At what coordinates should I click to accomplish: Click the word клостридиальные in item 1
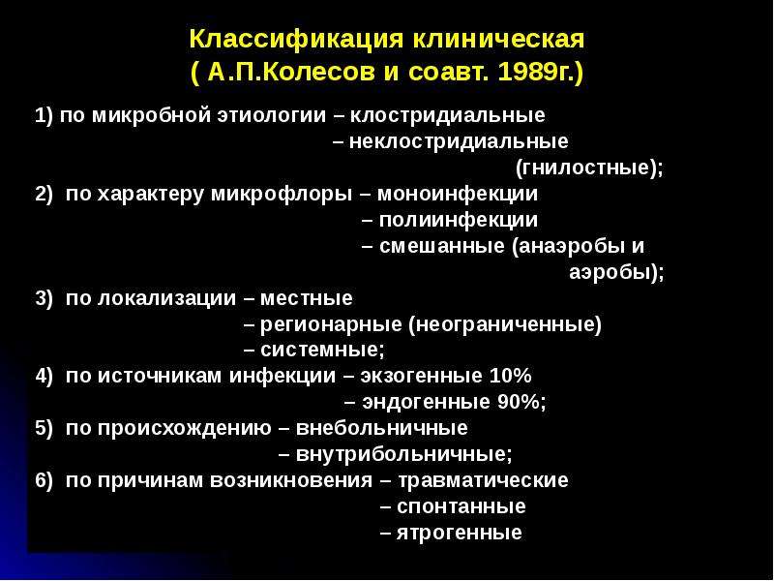[448, 115]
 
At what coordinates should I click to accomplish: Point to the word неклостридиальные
[459, 141]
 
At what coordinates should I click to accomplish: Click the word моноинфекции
[458, 194]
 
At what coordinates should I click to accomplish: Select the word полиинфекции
[459, 220]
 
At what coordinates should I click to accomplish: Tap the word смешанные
[442, 246]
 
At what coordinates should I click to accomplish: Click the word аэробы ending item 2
[609, 272]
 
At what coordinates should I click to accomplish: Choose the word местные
[306, 298]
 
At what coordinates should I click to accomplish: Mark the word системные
[319, 351]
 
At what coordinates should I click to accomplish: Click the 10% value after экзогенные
[510, 376]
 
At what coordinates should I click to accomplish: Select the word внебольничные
[381, 428]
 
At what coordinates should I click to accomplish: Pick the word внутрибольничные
[401, 454]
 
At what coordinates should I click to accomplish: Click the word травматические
[483, 480]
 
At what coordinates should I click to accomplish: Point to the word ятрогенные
[459, 533]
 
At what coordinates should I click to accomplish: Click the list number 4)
[44, 376]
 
